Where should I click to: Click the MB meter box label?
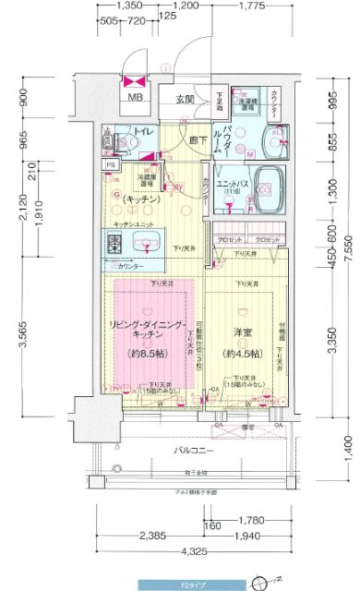135,98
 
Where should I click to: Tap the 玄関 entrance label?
184,100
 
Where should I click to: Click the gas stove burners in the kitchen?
117,245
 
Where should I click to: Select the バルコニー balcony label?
196,425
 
